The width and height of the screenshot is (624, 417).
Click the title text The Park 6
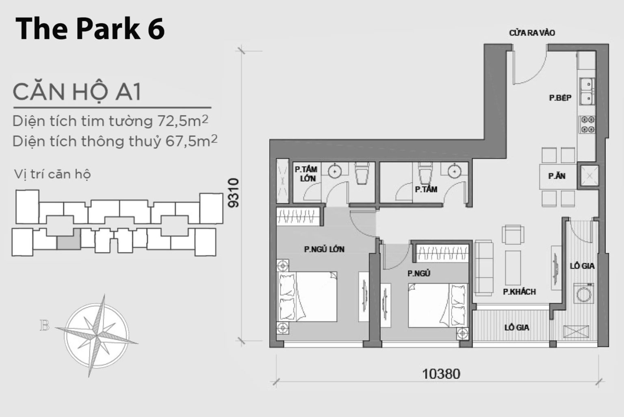pos(90,29)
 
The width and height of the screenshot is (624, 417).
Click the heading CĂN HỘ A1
pos(77,92)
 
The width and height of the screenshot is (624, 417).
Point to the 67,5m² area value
pos(191,141)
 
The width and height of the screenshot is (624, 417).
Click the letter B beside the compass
pos(44,326)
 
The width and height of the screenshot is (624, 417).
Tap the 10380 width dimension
pos(441,373)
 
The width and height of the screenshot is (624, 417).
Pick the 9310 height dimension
pos(233,193)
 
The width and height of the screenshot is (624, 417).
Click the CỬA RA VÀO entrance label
pos(532,33)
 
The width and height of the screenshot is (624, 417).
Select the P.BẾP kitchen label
pos(560,98)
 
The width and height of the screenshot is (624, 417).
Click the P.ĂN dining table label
pos(557,176)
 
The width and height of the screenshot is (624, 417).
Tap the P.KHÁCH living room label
pos(519,292)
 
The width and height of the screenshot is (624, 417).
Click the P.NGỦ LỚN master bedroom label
pos(324,249)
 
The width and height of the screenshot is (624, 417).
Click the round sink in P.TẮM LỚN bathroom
pos(334,172)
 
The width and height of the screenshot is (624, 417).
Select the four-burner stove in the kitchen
pos(587,124)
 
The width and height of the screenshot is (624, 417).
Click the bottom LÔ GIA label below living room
pos(516,327)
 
